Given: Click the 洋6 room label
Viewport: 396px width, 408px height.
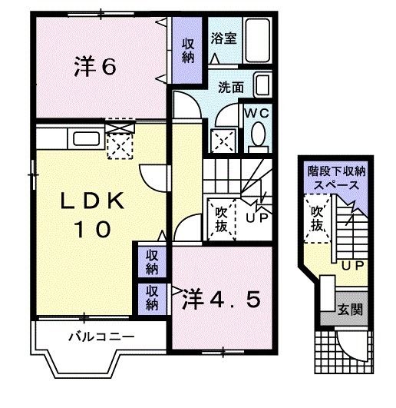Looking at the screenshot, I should (94, 67).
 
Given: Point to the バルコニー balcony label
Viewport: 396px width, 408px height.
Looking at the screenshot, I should (101, 337).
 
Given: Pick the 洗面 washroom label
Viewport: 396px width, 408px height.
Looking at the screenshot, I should (230, 87).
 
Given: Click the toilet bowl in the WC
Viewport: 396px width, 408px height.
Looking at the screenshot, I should (258, 136).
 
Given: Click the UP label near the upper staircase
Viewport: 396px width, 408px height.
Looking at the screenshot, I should (256, 217).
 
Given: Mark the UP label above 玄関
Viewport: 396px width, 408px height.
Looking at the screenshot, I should (352, 266).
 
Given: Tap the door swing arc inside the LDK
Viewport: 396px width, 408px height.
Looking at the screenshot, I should (156, 180).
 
